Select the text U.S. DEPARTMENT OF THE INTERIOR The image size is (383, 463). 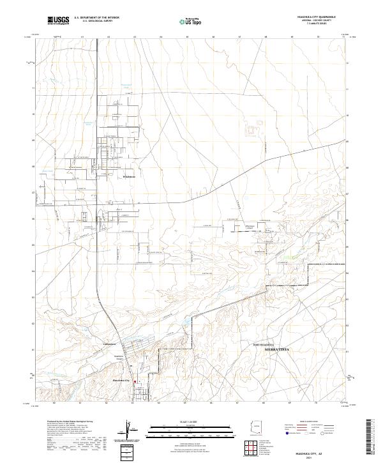click(x=96, y=17)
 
